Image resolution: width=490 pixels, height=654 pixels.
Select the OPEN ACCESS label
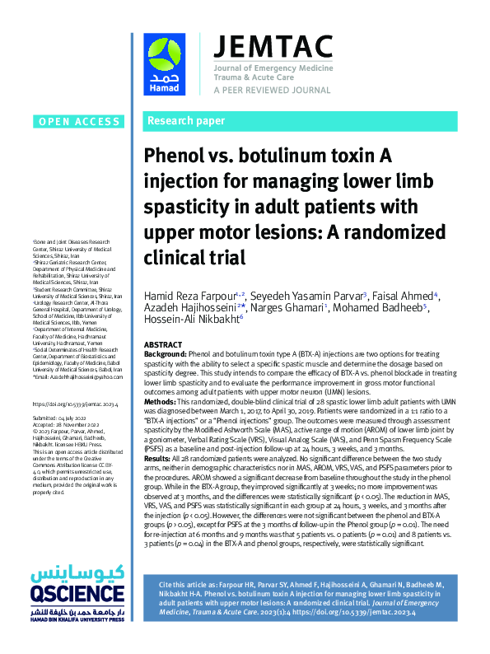pos(78,122)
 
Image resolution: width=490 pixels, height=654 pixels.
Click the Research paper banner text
pos(186,121)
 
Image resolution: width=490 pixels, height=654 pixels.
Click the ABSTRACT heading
pos(163,343)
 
